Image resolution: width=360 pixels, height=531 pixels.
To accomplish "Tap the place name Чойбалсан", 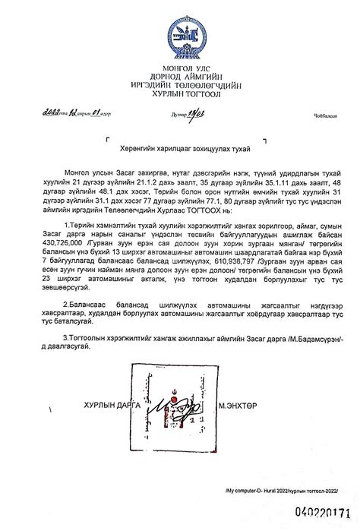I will (x=323, y=115).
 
